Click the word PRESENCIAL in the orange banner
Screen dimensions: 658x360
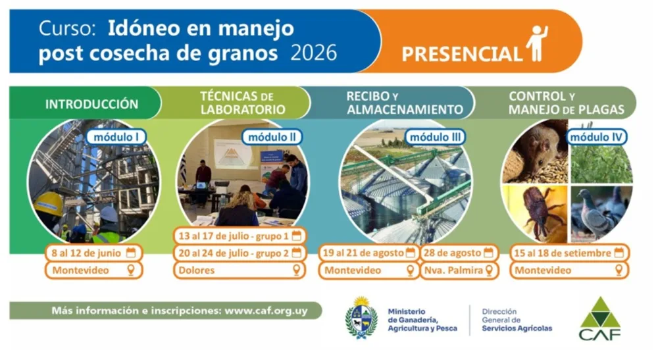(462, 54)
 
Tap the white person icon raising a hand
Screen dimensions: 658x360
(537, 43)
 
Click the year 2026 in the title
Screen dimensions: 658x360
(313, 53)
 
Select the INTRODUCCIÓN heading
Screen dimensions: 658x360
(92, 104)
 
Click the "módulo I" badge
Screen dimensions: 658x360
(116, 137)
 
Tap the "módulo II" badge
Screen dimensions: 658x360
(272, 137)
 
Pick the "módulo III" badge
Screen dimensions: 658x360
(435, 137)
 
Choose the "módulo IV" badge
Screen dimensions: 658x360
(596, 137)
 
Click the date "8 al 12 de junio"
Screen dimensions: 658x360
(86, 253)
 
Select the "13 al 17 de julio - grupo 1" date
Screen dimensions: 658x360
(234, 236)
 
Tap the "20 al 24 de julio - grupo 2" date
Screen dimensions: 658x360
(234, 253)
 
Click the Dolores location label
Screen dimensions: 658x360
(196, 270)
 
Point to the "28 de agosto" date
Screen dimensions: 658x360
(453, 253)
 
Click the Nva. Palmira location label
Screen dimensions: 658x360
(453, 270)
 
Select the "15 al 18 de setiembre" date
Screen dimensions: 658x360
(563, 253)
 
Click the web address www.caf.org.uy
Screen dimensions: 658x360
(266, 311)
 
